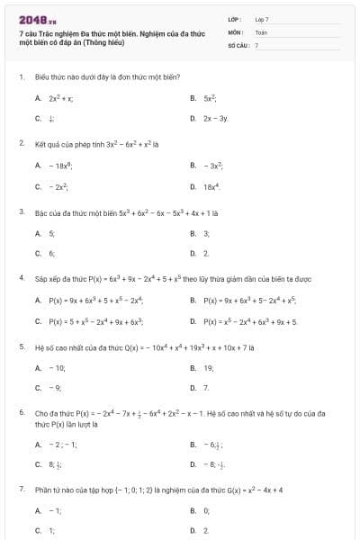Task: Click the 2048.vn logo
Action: point(37,20)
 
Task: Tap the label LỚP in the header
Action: point(234,19)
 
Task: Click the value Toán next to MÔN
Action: point(261,31)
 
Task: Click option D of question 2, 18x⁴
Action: point(211,186)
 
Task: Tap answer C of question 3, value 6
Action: point(51,253)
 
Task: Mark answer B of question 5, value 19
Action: point(208,367)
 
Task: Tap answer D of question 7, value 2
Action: point(206,531)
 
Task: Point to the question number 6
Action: point(21,412)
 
